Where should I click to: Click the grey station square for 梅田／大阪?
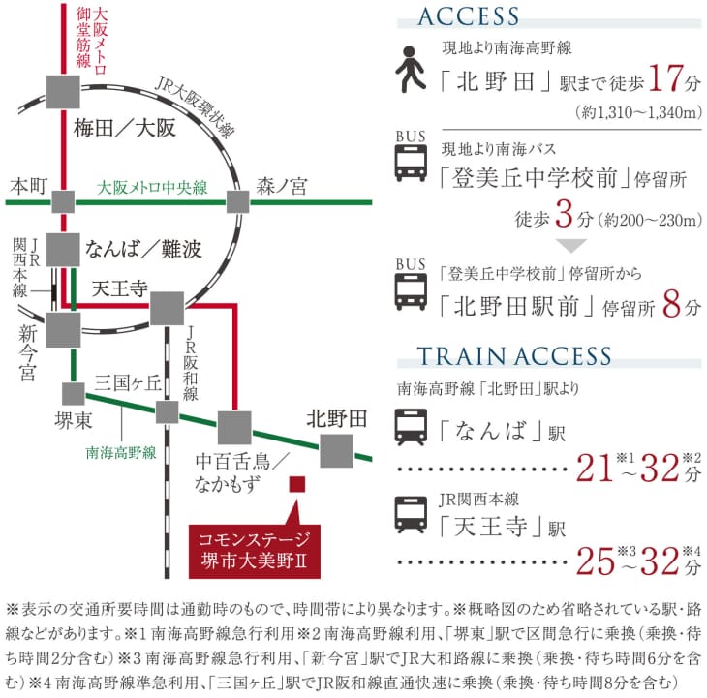click(63, 92)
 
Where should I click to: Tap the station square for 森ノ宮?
click(237, 202)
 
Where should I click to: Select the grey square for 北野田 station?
click(337, 450)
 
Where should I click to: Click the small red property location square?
click(297, 484)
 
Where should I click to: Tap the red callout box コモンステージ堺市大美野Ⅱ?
click(255, 551)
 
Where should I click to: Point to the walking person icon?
click(411, 70)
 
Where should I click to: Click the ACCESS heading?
click(469, 16)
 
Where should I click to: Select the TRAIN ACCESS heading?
click(514, 356)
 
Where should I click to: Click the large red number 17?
click(665, 78)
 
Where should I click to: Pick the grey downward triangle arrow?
click(571, 246)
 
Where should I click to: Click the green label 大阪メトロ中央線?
click(152, 188)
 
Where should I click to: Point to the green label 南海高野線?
click(121, 452)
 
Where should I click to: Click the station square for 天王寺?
click(167, 309)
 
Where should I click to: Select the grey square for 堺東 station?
click(74, 394)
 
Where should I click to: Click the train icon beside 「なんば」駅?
click(411, 427)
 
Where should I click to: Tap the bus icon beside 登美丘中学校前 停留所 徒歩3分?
click(411, 163)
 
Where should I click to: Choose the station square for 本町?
click(63, 202)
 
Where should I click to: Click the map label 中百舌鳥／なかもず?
click(241, 472)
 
